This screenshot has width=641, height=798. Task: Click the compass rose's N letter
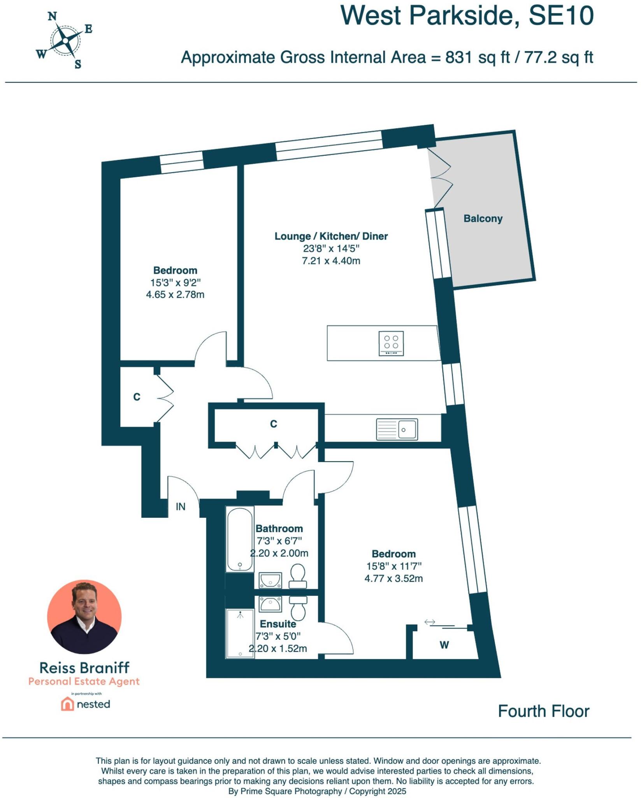pos(53,16)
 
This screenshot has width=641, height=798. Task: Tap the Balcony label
pos(483,219)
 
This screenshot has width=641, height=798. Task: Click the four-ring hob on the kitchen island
pos(391,343)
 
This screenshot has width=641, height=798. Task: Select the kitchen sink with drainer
pos(397,429)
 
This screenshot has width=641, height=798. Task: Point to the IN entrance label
pos(181,507)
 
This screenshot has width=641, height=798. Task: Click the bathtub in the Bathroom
pos(240,539)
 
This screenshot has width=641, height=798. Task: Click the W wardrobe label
pos(444,645)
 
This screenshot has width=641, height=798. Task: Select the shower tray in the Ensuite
pos(240,634)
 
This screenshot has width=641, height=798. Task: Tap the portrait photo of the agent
pos(84,617)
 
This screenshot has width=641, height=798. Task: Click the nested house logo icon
pos(67,704)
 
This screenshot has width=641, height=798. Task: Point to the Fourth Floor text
pos(543,711)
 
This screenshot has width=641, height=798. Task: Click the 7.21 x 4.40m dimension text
pos(331,261)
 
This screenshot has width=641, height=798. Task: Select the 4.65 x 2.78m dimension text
pos(175,295)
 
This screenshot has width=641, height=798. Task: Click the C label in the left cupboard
pos(137,397)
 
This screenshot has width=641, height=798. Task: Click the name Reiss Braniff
pos(84,668)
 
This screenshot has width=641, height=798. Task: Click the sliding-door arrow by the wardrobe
pos(430,622)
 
